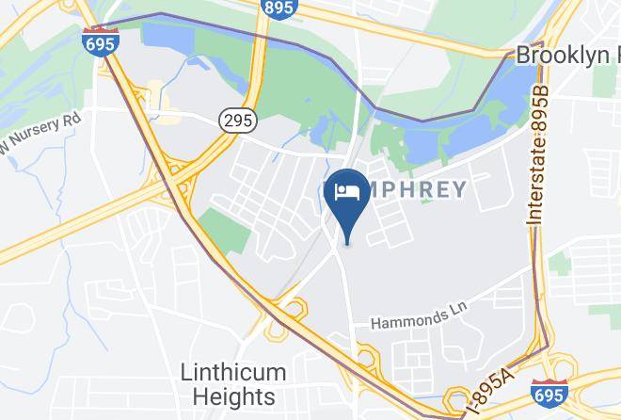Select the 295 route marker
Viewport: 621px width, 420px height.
237,120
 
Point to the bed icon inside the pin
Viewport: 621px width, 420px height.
346,192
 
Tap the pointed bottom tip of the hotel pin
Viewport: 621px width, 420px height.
347,241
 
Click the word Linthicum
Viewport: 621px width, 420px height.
228,372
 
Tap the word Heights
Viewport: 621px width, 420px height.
229,396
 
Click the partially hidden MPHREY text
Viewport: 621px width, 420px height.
414,188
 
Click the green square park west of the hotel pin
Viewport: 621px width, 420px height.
224,229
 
